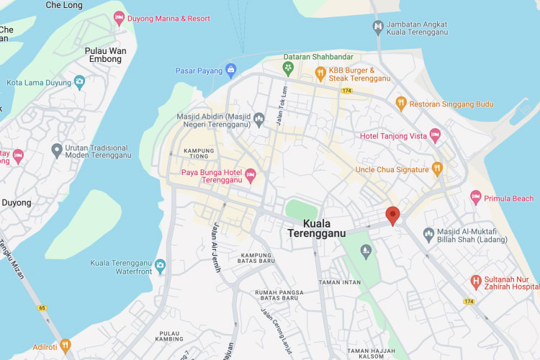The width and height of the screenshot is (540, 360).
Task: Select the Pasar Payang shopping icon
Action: click(x=230, y=70)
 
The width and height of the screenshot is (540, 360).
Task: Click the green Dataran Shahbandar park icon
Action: click(x=288, y=68)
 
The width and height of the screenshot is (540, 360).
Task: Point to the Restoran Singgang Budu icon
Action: click(x=401, y=104)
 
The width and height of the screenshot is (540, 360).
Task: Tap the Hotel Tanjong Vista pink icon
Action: click(x=435, y=135)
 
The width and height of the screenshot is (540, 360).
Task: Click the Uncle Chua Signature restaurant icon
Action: click(x=436, y=169)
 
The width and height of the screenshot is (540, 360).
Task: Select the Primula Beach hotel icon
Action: click(x=475, y=197)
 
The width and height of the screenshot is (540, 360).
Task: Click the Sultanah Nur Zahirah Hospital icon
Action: click(x=475, y=280)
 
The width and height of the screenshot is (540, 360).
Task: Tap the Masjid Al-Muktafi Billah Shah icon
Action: click(x=428, y=233)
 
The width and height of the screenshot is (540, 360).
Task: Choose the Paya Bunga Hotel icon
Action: click(x=251, y=174)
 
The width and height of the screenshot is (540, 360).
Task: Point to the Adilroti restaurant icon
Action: click(x=66, y=346)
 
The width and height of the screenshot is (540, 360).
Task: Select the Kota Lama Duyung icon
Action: click(x=79, y=82)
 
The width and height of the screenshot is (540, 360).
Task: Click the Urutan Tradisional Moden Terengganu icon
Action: click(x=57, y=150)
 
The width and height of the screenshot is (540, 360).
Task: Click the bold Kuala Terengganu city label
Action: click(x=316, y=228)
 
